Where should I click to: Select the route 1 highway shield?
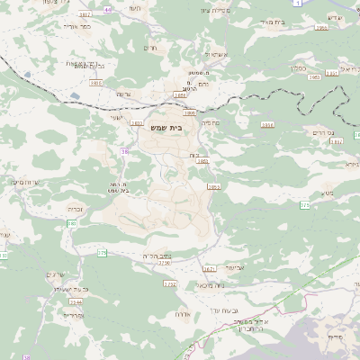click(297, 4)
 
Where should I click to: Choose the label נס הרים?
click(322, 133)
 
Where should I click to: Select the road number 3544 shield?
click(73, 303)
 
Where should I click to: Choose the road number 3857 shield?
click(85, 15)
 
